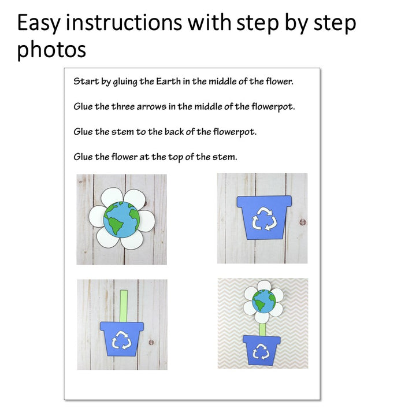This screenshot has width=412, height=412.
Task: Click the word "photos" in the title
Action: [x=51, y=50]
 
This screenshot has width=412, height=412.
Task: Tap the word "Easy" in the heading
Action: [x=39, y=23]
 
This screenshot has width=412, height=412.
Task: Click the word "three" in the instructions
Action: [x=123, y=106]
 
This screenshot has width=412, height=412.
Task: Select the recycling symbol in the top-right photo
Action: [x=264, y=218]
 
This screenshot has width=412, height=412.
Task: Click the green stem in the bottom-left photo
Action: [x=124, y=306]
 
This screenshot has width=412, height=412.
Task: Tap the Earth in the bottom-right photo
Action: [x=264, y=301]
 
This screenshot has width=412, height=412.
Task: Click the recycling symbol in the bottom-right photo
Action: [x=261, y=351]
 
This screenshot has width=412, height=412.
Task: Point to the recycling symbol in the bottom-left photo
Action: [x=121, y=340]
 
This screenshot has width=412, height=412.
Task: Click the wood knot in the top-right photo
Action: [x=302, y=222]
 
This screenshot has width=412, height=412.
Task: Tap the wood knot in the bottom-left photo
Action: [x=151, y=342]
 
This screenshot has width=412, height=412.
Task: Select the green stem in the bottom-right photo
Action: [x=262, y=330]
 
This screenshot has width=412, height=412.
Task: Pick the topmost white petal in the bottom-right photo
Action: [x=264, y=285]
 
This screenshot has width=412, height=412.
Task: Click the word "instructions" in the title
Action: [x=124, y=23]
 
